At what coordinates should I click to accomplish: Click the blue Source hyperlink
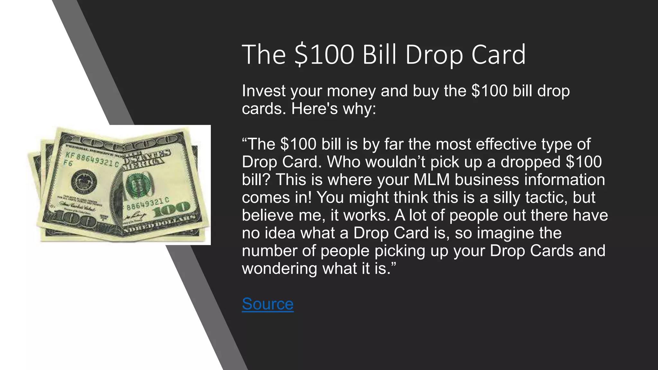click(x=267, y=304)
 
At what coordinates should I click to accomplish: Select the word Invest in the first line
click(x=264, y=91)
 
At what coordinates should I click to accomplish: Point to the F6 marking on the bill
click(x=68, y=163)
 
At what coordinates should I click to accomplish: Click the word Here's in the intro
click(x=314, y=109)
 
